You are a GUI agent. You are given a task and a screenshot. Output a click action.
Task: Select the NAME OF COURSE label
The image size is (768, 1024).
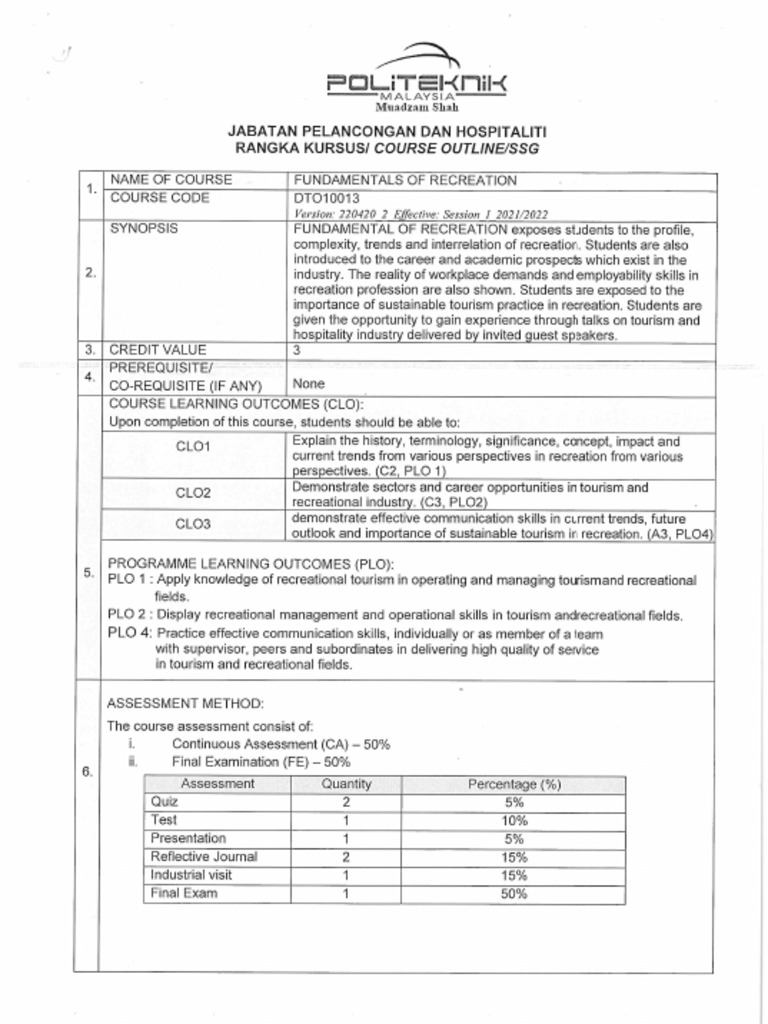pyautogui.click(x=170, y=180)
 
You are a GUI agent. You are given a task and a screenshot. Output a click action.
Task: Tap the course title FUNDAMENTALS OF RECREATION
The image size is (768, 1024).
pyautogui.click(x=404, y=180)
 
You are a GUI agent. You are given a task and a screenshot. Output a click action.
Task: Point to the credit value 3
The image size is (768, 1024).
pyautogui.click(x=296, y=350)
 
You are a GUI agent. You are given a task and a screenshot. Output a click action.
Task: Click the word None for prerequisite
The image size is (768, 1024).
pyautogui.click(x=307, y=383)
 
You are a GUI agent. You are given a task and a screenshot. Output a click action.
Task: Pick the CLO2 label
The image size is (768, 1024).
pyautogui.click(x=193, y=493)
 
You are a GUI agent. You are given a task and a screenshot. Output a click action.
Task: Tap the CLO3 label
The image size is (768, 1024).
pyautogui.click(x=193, y=523)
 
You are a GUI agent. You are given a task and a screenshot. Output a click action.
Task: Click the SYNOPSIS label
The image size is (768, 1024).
pyautogui.click(x=143, y=228)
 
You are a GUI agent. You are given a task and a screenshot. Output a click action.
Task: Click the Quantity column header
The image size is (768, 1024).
pyautogui.click(x=346, y=784)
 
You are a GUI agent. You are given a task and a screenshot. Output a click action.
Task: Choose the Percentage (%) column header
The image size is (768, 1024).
pyautogui.click(x=514, y=784)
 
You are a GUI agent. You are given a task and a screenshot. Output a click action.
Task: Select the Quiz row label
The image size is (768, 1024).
pyautogui.click(x=164, y=802)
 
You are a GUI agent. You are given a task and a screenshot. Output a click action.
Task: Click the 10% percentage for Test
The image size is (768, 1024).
pyautogui.click(x=514, y=821)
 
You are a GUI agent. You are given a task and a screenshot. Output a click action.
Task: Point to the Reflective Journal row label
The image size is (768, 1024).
pyautogui.click(x=203, y=856)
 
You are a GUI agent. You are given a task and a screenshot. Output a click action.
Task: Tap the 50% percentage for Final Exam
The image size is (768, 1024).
pyautogui.click(x=514, y=894)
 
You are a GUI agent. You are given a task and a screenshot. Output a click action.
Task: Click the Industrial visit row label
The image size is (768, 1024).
pyautogui.click(x=191, y=875)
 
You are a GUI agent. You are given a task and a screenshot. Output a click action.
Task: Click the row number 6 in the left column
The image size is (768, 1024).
pyautogui.click(x=87, y=772)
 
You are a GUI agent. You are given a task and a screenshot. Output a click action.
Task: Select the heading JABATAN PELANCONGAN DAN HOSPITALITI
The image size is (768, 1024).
pyautogui.click(x=387, y=131)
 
